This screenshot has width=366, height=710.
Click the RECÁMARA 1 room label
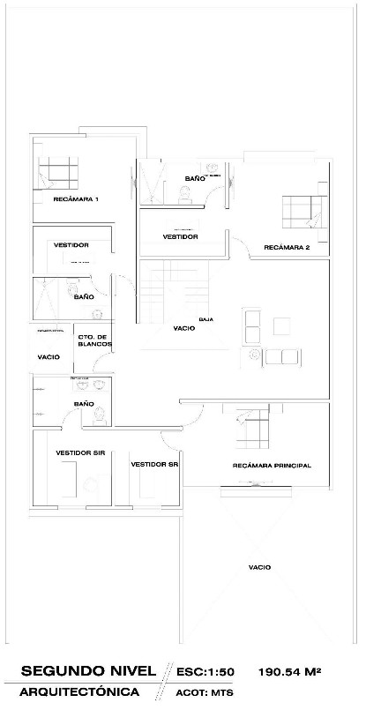(x=76, y=199)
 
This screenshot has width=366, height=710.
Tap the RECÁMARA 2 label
(x=287, y=248)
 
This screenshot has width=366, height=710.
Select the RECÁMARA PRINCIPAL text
(x=272, y=466)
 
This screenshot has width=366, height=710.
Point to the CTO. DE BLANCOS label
(x=93, y=340)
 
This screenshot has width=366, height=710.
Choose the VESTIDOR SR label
(x=154, y=464)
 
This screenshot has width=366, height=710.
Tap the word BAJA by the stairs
(x=206, y=318)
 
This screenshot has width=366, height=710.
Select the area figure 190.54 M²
(x=289, y=672)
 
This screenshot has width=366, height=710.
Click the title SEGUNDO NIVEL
(x=86, y=672)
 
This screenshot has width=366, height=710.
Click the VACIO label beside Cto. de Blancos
(x=48, y=357)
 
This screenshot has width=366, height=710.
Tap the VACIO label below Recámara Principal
(x=259, y=567)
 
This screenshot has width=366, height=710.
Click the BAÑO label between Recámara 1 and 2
(x=195, y=179)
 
